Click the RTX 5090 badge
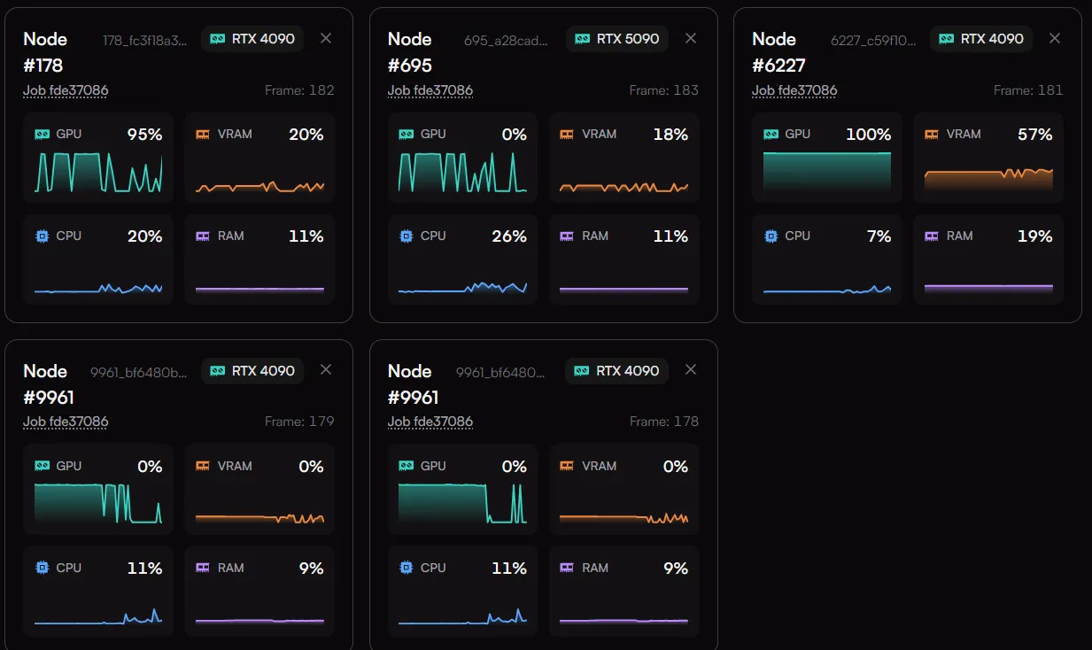pos(616,39)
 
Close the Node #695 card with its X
pos(690,38)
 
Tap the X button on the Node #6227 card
pos(1055,38)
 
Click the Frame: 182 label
pos(299,90)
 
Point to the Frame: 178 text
pos(664,422)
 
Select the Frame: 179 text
pos(299,422)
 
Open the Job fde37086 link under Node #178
pos(66,90)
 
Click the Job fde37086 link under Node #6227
pos(794,90)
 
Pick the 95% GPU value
pos(144,135)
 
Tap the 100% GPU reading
pos(868,135)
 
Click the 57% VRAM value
pos(1035,135)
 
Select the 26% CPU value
pos(509,236)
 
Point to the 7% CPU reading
pos(879,236)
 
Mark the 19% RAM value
pos(1035,236)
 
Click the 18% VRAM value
pos(670,135)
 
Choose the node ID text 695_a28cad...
pos(506,41)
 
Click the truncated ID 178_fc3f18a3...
pos(144,41)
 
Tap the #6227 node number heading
pos(778,66)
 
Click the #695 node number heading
pos(409,66)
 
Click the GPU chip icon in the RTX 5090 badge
pos(582,39)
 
